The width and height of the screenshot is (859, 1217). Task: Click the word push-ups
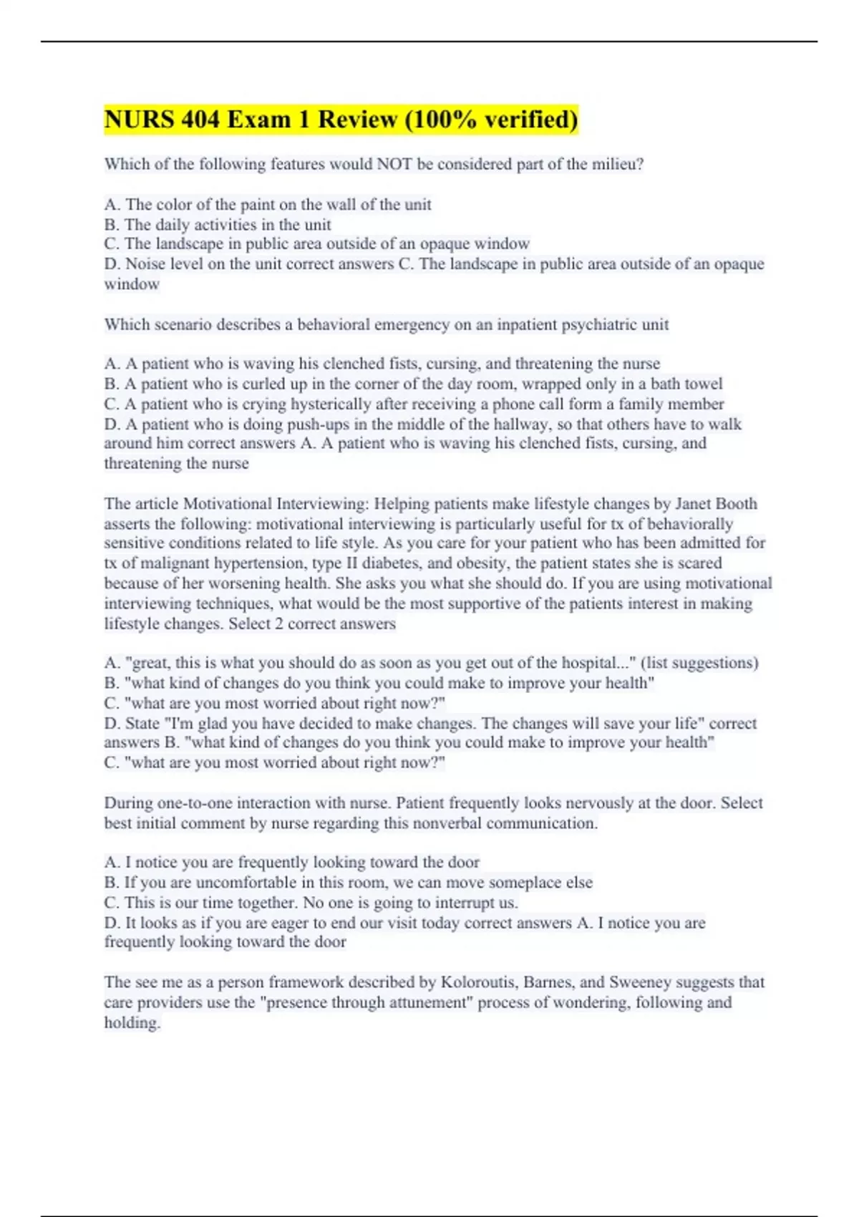click(x=299, y=424)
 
